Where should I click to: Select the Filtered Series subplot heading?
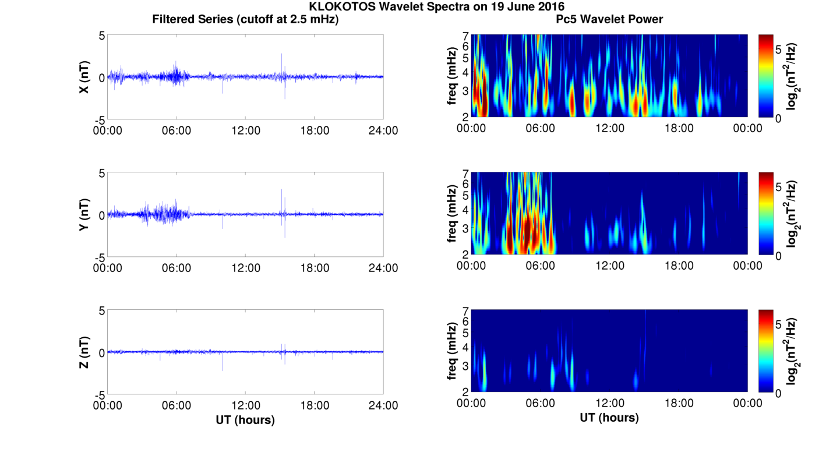click(x=245, y=20)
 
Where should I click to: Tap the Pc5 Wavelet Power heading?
click(x=609, y=20)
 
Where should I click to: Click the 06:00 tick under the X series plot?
click(x=177, y=130)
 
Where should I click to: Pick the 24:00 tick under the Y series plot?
click(x=383, y=268)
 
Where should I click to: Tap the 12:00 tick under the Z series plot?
click(x=245, y=405)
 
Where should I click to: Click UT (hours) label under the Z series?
click(x=245, y=419)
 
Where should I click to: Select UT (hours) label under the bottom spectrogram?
click(x=609, y=418)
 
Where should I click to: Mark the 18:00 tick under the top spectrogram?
click(x=679, y=128)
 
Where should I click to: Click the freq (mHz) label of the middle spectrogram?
click(x=451, y=214)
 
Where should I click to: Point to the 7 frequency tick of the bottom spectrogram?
click(x=465, y=311)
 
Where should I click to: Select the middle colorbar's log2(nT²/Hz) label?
click(x=792, y=214)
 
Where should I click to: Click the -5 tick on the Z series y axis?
click(x=97, y=394)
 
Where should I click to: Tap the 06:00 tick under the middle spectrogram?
click(x=541, y=266)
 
